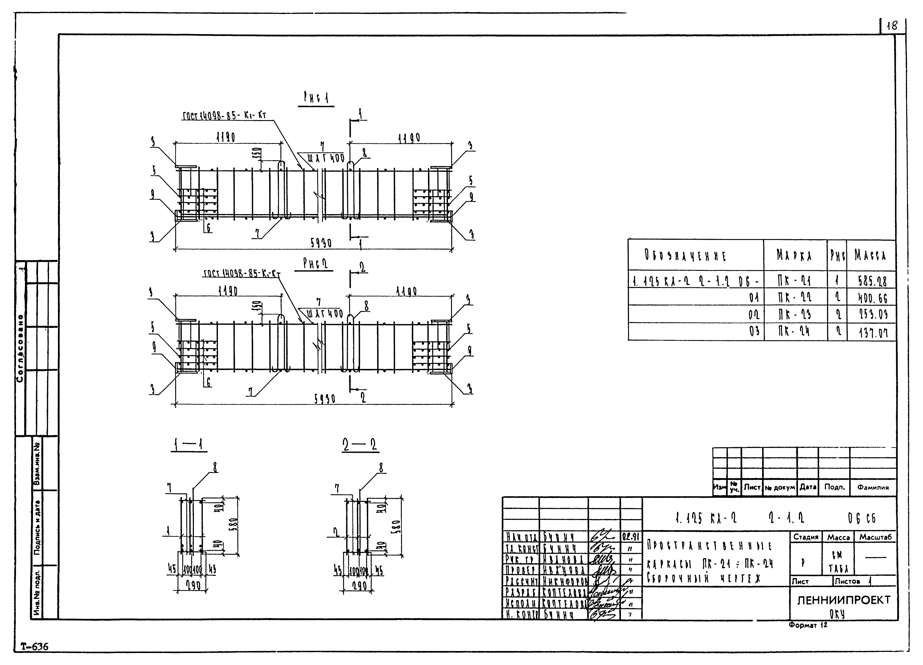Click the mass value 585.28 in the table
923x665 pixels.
pos(872,281)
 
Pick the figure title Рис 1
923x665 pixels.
pos(316,98)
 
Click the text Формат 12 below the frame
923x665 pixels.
pos(808,625)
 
